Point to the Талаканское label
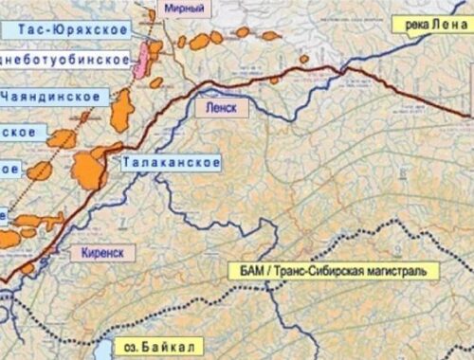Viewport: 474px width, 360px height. pyautogui.click(x=171, y=163)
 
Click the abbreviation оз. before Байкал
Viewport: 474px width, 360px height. pyautogui.click(x=131, y=348)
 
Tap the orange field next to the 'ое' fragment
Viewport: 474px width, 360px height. pyautogui.click(x=40, y=171)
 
